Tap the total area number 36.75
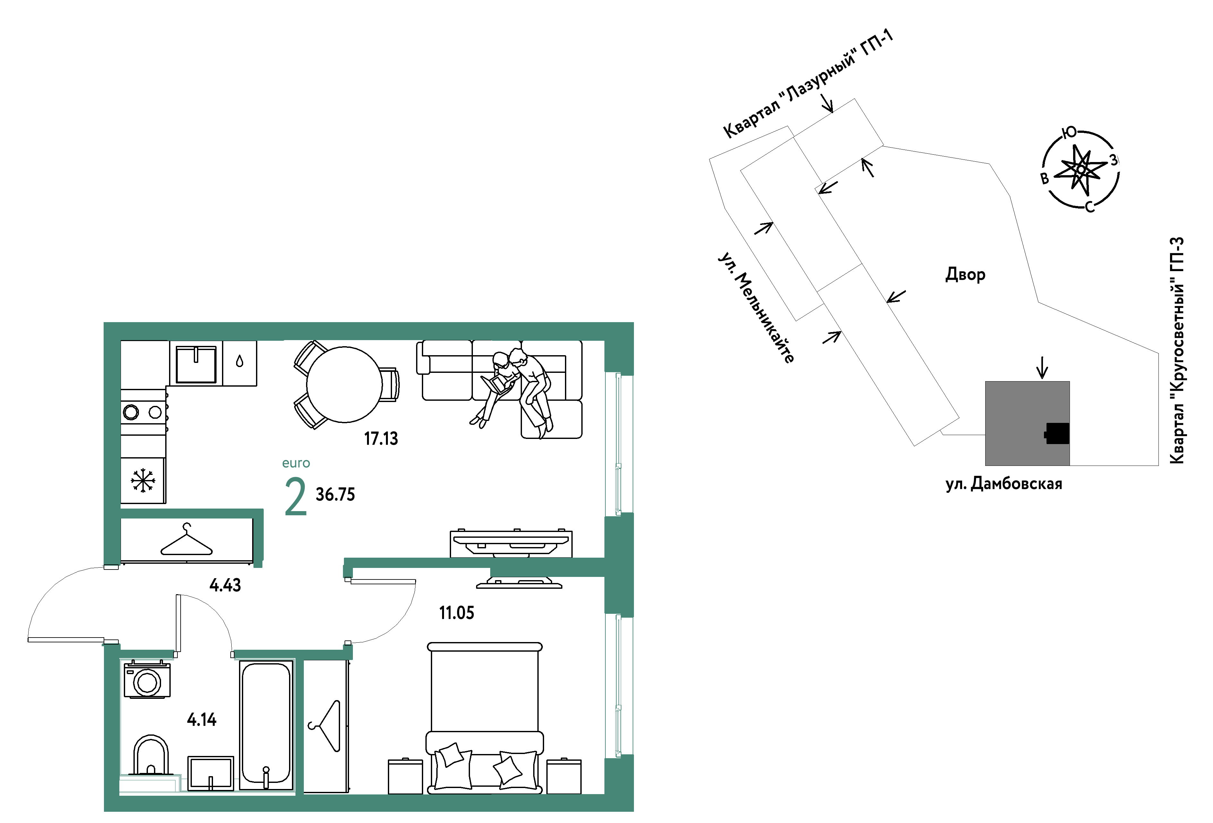335,494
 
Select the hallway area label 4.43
225,585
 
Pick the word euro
296,463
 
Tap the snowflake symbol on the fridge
142,480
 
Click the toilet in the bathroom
151,755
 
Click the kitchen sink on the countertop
196,364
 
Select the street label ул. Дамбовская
1004,484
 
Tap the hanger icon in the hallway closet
186,540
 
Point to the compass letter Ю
1070,133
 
